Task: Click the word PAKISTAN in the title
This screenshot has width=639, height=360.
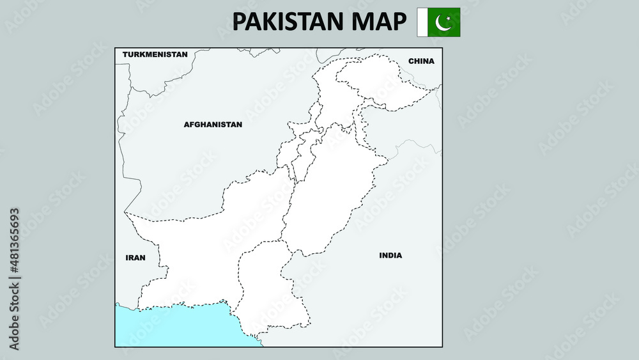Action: point(287,22)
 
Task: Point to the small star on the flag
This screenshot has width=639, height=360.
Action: point(448,19)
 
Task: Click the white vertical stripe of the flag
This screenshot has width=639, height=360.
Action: point(422,22)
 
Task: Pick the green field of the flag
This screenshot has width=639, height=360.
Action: point(452,29)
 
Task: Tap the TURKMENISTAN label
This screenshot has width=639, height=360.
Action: point(155,54)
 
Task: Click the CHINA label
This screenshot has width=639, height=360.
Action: point(421,61)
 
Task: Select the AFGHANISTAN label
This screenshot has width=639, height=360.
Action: point(213,125)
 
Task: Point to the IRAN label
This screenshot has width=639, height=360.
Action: point(135,258)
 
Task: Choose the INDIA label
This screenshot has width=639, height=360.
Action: point(390,255)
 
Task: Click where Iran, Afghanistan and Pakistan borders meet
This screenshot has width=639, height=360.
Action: point(125,213)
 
